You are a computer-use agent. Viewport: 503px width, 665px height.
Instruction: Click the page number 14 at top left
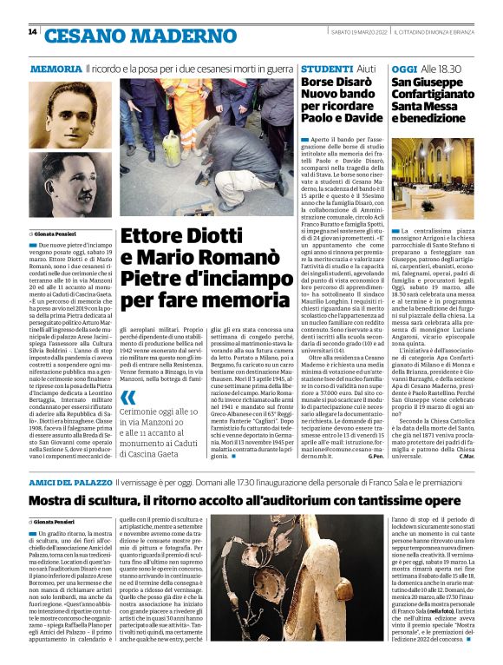[x=32, y=32]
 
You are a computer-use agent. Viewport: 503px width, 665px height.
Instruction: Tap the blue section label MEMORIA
[x=56, y=69]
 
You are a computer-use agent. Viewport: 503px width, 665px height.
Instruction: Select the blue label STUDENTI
[x=326, y=69]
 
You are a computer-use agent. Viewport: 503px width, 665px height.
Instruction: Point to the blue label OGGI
[x=404, y=69]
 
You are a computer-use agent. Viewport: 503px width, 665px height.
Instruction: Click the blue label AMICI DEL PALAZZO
[x=70, y=481]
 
